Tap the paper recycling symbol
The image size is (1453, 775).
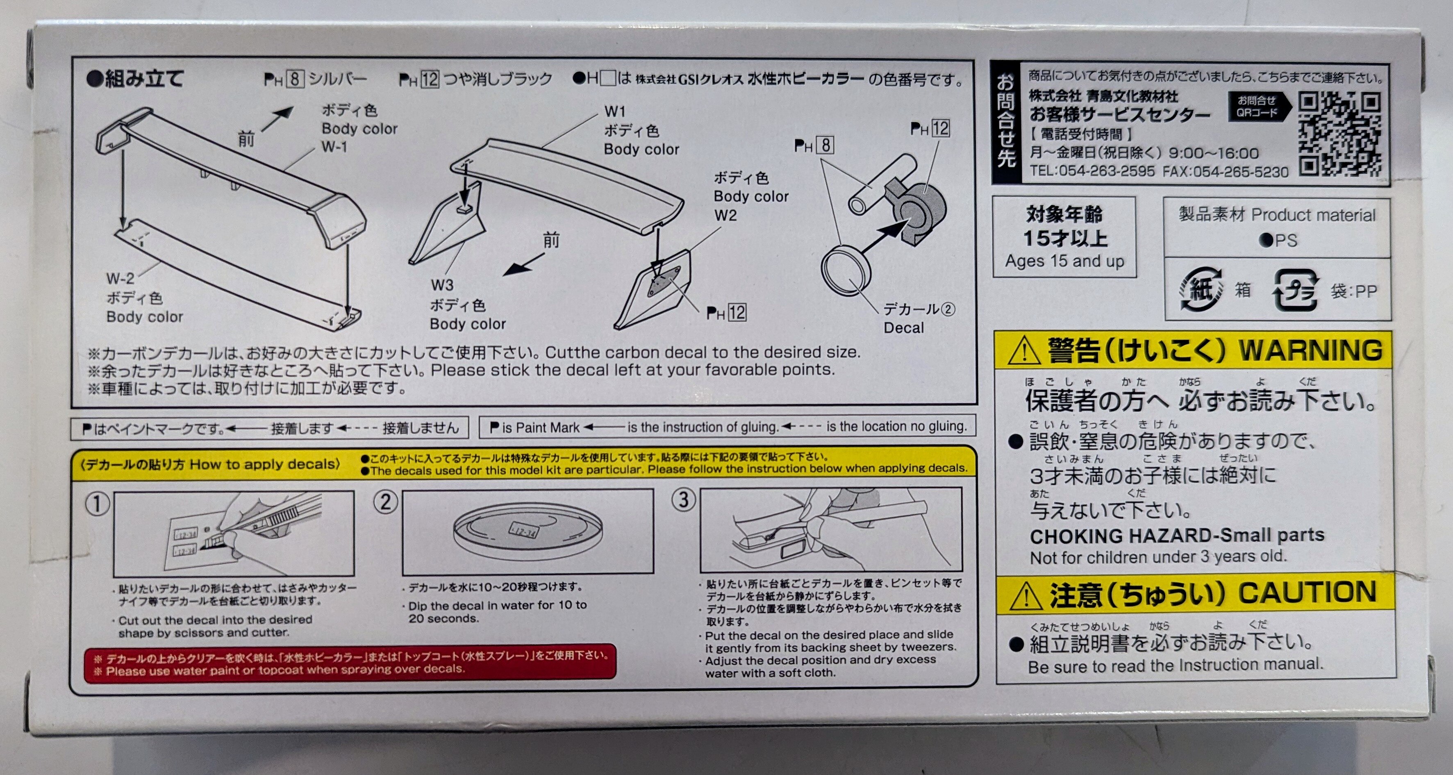pos(1201,289)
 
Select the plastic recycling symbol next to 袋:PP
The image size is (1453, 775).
pos(1296,290)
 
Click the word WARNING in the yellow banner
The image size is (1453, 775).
pos(1310,350)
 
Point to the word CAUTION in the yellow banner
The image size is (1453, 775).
pos(1307,592)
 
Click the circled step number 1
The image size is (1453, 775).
pos(97,504)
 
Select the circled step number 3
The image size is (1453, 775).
pos(683,499)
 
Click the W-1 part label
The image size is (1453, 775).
pos(334,147)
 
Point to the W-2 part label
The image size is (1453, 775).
pos(120,279)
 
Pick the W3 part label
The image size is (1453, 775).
pos(442,285)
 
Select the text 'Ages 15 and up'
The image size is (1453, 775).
pos(1064,261)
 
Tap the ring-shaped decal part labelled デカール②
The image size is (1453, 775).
pos(846,271)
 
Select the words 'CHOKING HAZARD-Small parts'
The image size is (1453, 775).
pos(1177,535)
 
